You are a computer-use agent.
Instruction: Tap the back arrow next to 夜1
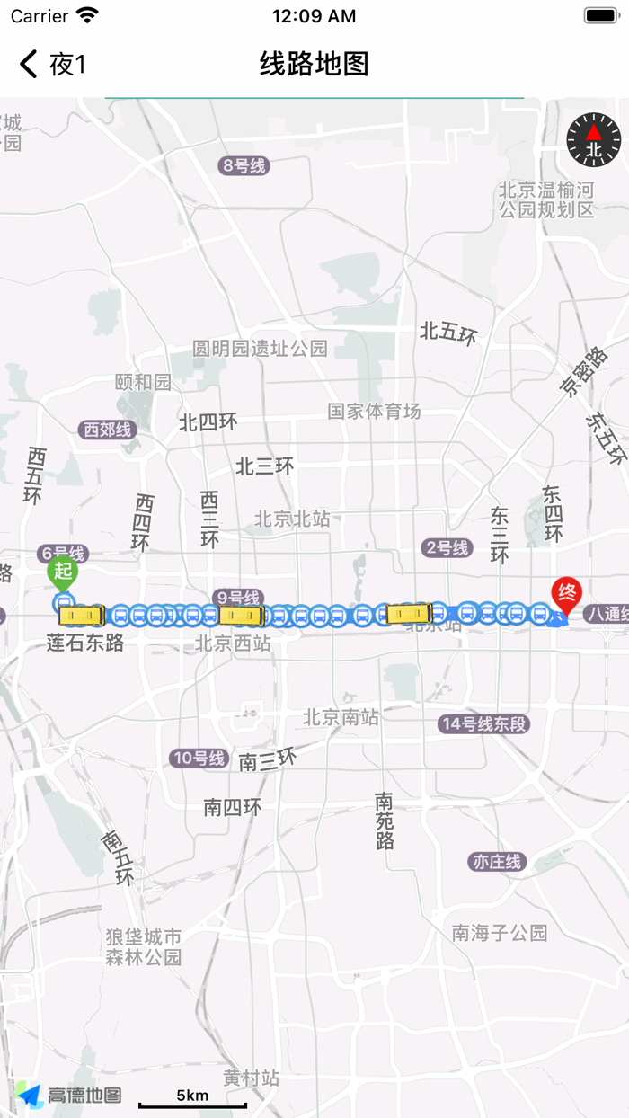29,64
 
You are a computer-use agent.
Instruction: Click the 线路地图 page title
314,64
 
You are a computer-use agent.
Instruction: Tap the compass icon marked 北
594,139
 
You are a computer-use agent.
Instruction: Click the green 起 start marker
63,572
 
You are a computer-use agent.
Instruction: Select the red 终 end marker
567,593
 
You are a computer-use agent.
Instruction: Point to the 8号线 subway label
244,165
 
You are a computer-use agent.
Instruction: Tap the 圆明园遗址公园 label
261,349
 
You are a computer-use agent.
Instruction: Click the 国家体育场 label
374,412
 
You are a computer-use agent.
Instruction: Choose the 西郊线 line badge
108,430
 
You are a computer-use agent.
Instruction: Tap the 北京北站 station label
292,519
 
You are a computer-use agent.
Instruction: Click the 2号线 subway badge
447,547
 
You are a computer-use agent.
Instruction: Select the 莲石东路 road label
85,643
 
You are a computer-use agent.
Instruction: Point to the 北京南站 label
341,717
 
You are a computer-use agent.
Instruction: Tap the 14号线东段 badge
484,724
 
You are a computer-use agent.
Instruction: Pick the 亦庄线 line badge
497,862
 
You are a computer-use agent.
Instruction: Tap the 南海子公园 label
500,933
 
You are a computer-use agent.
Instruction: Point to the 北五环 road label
447,333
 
